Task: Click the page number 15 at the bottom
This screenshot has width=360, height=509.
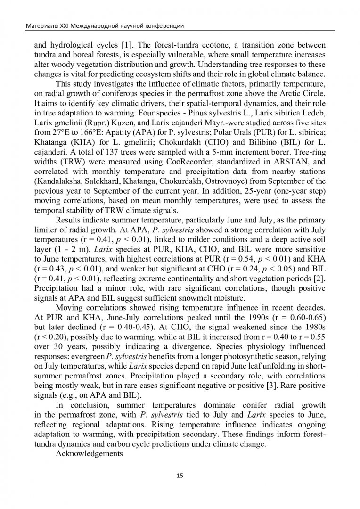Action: pyautogui.click(x=180, y=476)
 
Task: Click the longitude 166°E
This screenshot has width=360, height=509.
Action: pyautogui.click(x=74, y=131)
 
